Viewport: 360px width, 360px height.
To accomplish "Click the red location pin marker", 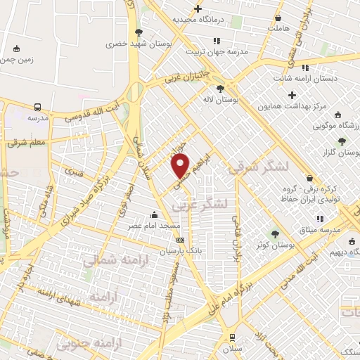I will (181, 167).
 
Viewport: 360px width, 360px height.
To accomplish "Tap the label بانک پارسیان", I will (179, 250).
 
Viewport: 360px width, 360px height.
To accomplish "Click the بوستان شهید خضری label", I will (139, 43).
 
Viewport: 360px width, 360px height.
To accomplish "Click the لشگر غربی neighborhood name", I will (200, 203).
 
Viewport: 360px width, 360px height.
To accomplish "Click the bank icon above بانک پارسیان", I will (180, 240).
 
